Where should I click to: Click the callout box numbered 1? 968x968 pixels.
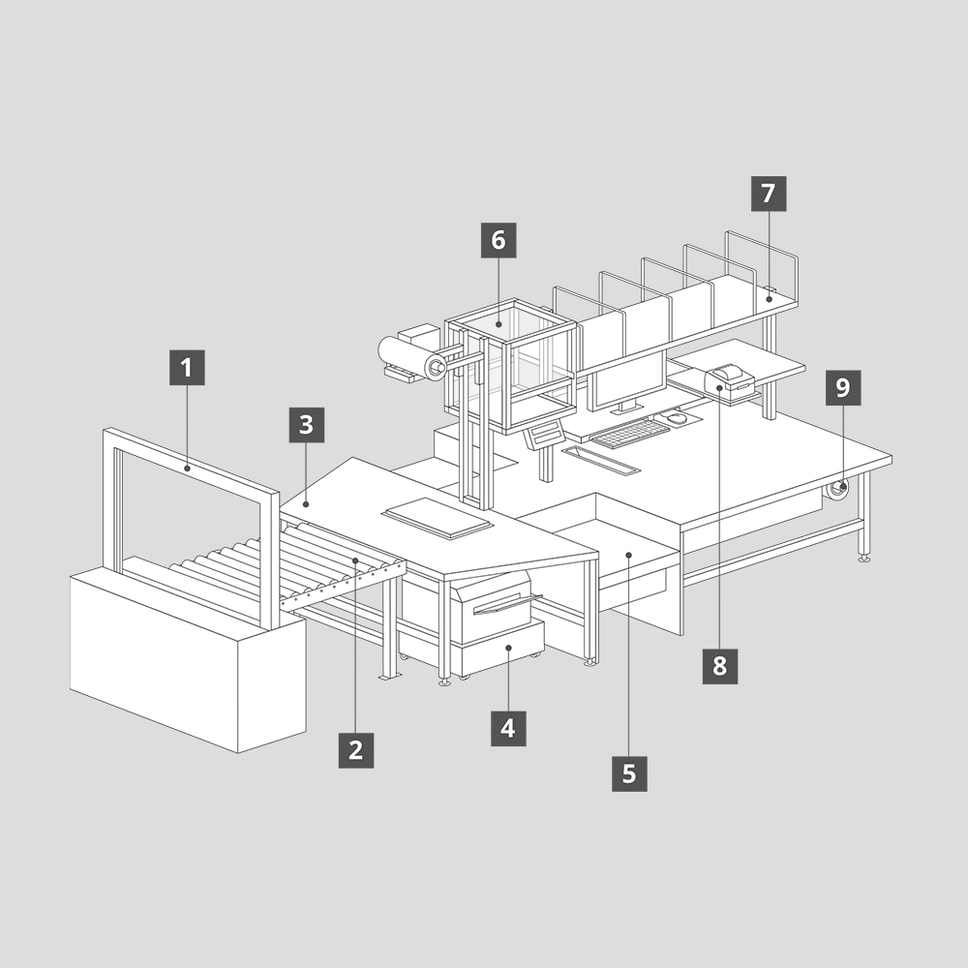point(187,368)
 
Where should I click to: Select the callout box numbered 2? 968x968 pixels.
point(356,750)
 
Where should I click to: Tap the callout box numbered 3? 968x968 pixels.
point(307,425)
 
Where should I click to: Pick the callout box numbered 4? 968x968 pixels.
point(509,729)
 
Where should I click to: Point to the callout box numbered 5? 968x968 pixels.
point(630,772)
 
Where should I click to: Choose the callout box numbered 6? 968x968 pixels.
point(499,240)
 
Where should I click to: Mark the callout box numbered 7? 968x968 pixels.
point(769,194)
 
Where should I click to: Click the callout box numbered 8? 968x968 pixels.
point(720,666)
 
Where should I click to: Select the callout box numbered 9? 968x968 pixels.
point(843,388)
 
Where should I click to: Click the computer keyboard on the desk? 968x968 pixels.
point(629,433)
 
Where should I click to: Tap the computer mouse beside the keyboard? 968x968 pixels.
point(677,418)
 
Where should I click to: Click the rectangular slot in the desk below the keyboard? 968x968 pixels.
point(601,460)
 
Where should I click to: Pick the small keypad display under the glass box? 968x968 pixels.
point(544,434)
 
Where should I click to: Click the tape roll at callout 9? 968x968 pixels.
point(837,489)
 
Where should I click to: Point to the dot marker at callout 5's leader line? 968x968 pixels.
point(629,555)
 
